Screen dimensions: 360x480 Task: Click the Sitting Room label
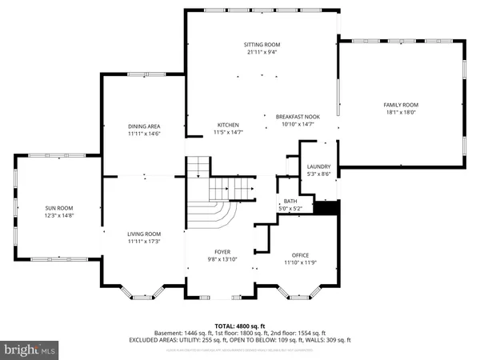tap(262, 45)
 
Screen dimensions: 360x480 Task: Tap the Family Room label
tap(401, 105)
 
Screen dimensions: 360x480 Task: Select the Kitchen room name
tap(229, 125)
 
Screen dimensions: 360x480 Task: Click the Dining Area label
tap(145, 126)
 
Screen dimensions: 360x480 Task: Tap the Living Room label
tap(145, 233)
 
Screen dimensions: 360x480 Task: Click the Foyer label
tap(222, 252)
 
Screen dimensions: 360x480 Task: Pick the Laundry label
tap(318, 166)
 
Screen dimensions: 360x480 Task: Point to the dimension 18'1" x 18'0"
tap(401, 113)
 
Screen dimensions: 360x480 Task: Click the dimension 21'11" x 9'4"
tap(262, 53)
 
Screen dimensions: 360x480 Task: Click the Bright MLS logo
tap(30, 350)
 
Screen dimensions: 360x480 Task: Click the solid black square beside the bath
tap(325, 207)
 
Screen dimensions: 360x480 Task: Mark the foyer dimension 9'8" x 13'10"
tap(222, 260)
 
